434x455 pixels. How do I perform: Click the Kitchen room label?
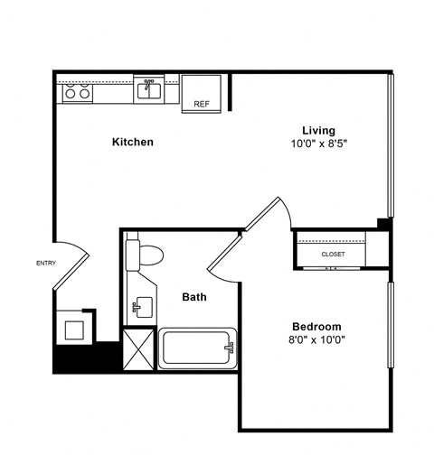132,142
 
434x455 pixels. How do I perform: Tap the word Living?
319,131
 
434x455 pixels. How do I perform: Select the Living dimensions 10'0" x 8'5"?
319,143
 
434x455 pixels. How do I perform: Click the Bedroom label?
316,326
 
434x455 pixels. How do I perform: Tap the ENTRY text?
45,263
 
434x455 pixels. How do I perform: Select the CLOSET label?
333,254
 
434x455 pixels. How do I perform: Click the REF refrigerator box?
202,94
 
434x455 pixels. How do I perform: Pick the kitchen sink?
149,89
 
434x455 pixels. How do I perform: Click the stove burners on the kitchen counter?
75,92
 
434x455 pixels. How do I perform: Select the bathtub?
197,348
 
